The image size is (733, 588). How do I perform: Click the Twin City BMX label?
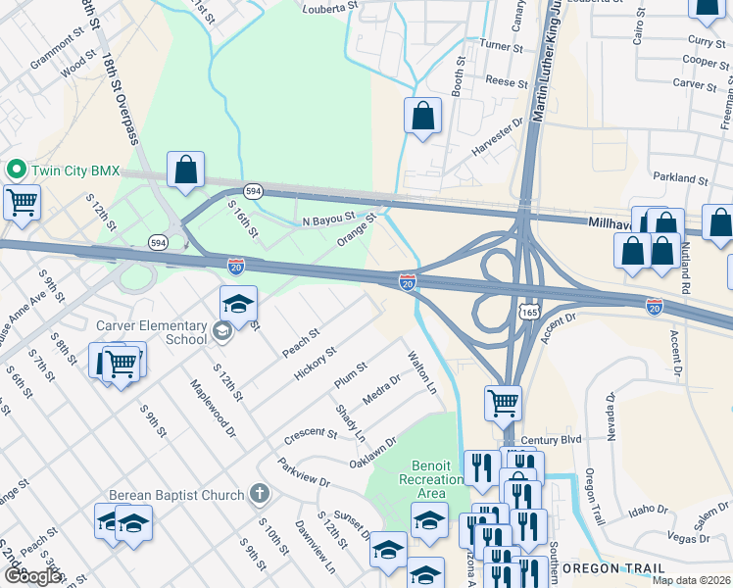point(75,171)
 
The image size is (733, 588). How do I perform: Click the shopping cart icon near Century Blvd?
point(503,401)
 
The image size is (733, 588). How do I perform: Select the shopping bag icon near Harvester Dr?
point(421,117)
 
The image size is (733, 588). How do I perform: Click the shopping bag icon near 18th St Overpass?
point(185,171)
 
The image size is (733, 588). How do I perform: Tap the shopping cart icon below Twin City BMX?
point(21,203)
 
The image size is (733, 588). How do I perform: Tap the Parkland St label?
point(682,180)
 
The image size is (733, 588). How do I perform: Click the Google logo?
point(32,576)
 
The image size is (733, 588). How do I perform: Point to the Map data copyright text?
point(691,580)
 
